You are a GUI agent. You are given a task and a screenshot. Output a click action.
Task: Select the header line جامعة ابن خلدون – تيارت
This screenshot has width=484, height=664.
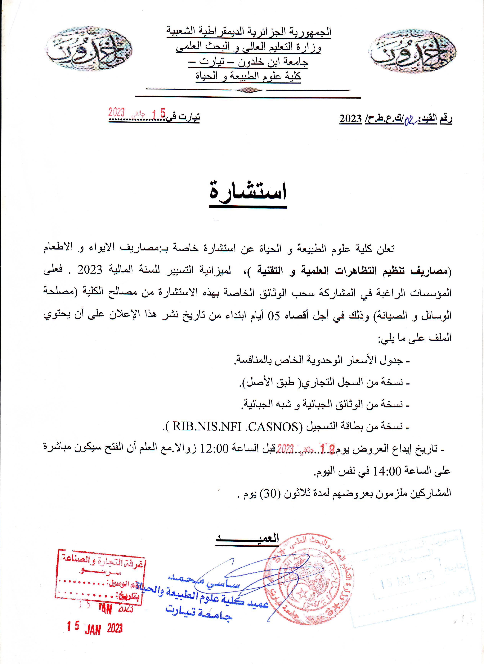pyautogui.click(x=248, y=62)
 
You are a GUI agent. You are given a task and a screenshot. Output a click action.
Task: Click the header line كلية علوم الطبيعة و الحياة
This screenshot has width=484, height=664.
pyautogui.click(x=248, y=76)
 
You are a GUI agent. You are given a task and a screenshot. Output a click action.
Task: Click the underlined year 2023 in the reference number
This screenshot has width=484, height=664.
pyautogui.click(x=351, y=119)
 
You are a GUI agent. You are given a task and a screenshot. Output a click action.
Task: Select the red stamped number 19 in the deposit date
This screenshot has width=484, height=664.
pyautogui.click(x=328, y=448)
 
